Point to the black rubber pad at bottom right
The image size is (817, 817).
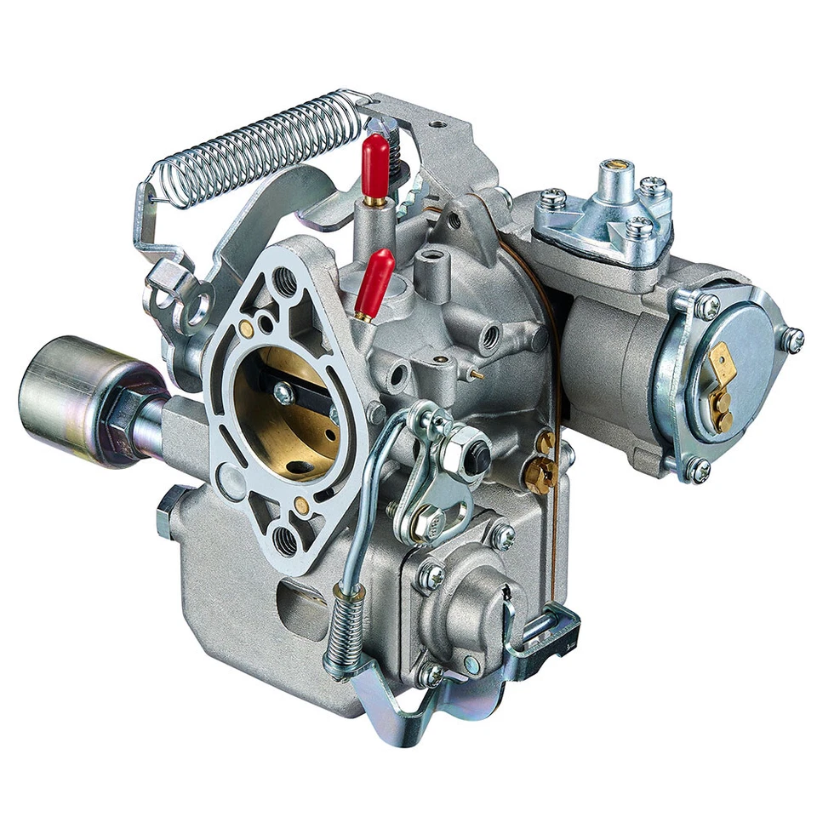(x=557, y=639)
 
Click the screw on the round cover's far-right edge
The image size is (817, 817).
(x=792, y=340)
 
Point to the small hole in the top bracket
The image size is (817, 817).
(x=438, y=124)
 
